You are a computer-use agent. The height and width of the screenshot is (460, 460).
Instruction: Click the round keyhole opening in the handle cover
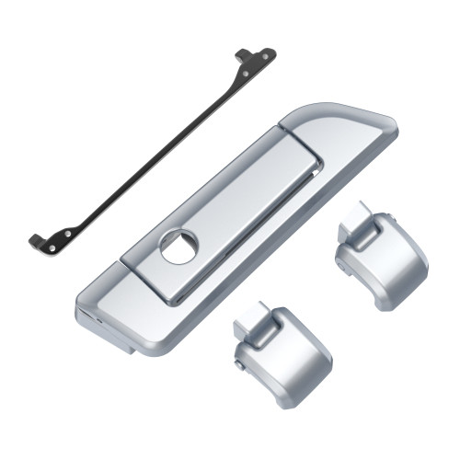[x=179, y=247]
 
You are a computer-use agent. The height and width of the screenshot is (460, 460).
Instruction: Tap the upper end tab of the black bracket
[x=256, y=57]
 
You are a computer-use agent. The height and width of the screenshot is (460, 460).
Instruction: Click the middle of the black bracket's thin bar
[x=152, y=148]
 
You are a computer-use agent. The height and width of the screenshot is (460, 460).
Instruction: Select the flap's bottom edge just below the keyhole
[x=175, y=300]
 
